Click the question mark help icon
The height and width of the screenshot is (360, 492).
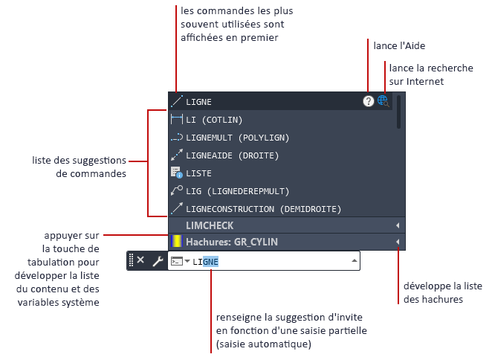369,101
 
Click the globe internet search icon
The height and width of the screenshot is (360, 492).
383,101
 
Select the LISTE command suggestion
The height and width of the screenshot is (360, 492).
198,173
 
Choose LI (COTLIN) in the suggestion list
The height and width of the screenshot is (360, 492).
214,120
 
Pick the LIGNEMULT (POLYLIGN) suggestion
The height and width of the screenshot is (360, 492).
237,138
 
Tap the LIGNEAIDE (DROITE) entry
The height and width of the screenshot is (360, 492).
232,155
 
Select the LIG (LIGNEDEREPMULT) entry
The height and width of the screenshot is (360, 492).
237,191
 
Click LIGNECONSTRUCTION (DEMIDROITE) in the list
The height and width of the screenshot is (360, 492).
263,209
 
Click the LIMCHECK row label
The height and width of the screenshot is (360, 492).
210,225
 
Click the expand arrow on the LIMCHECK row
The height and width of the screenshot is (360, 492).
398,225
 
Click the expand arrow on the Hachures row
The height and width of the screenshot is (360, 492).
398,242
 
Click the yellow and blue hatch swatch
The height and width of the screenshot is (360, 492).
176,241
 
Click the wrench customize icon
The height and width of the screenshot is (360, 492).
158,261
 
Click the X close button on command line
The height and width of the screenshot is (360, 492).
140,260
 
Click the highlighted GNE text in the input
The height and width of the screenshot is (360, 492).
210,262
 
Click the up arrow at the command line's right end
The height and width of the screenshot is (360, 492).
355,260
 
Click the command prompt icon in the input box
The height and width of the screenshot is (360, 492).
177,261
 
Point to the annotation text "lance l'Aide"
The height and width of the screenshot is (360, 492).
399,46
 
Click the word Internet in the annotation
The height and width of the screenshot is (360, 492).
425,81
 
